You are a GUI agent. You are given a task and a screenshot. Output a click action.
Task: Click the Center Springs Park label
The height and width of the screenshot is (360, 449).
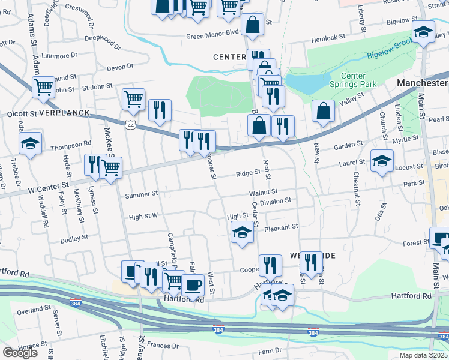[358, 80]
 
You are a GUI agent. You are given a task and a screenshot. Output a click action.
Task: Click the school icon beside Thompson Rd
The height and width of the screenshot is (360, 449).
[30, 144]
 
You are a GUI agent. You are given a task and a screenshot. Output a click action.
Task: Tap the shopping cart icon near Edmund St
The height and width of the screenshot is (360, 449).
[44, 88]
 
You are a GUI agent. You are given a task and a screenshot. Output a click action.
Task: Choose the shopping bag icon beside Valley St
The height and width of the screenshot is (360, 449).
[323, 112]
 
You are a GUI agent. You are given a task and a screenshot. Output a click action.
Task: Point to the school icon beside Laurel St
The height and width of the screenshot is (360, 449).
[381, 161]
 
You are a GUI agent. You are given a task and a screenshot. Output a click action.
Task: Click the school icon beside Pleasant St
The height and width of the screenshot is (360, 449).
[242, 233]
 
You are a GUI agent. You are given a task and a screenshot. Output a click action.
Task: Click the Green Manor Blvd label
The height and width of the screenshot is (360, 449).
[212, 36]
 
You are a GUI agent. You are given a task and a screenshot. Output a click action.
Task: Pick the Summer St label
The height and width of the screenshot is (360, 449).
[141, 194]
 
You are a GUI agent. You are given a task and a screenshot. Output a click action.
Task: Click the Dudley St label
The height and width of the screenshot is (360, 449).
[74, 238]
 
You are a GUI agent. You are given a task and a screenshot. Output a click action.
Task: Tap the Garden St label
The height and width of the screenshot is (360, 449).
[345, 146]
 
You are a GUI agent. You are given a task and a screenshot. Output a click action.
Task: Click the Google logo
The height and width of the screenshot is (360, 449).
[20, 352]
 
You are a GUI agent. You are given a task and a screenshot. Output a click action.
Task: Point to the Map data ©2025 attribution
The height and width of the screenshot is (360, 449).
[423, 355]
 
